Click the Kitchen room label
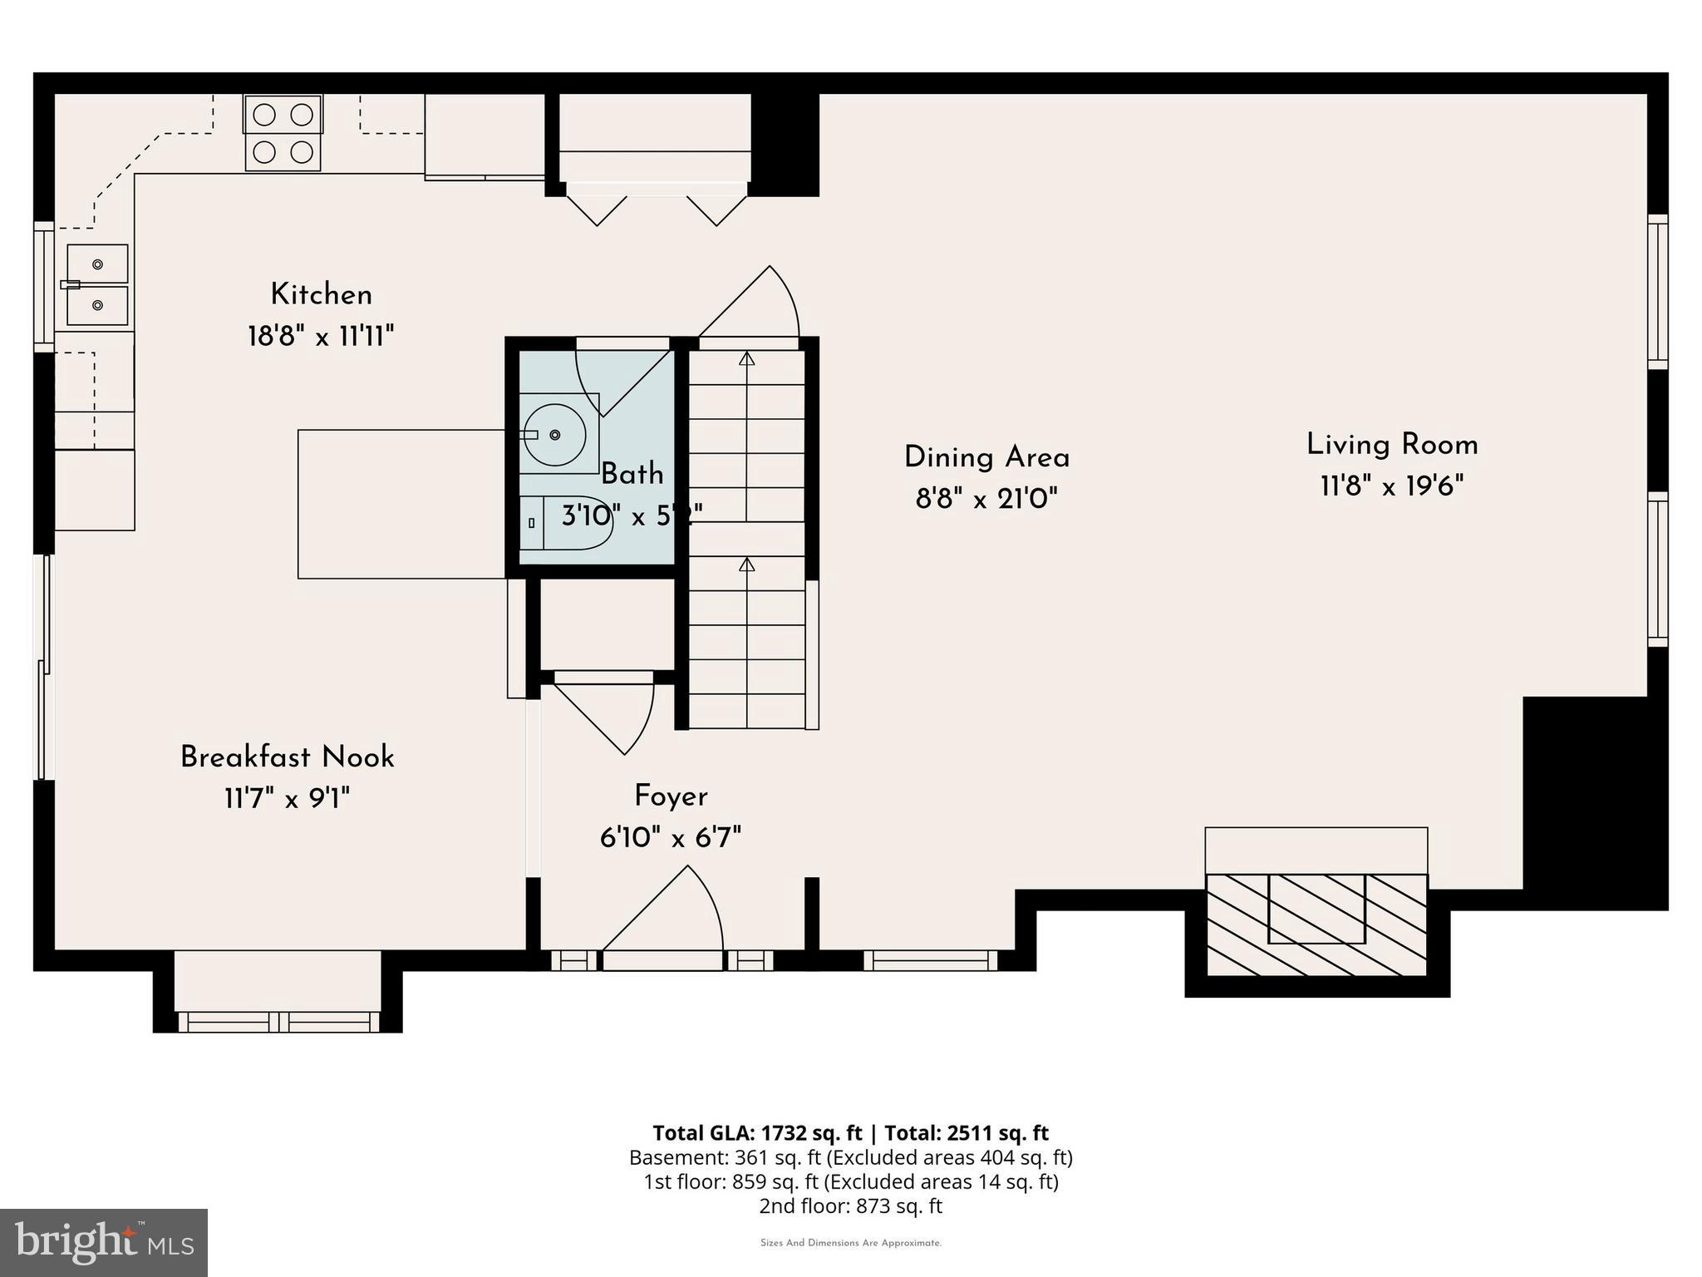coord(321,294)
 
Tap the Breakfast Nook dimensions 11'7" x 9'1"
coord(287,799)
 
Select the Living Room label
coord(1392,445)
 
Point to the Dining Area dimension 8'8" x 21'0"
coord(986,499)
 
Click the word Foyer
coord(671,796)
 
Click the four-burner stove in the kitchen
coord(283,133)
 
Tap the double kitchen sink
coord(97,284)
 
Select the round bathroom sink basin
coord(554,434)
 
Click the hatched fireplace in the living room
coord(1316,924)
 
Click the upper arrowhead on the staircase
coord(746,359)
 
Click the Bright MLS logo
coord(104,1243)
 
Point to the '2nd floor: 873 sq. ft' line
coord(850,1206)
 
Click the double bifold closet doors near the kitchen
coord(657,208)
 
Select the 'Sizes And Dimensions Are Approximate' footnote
coord(850,1243)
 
